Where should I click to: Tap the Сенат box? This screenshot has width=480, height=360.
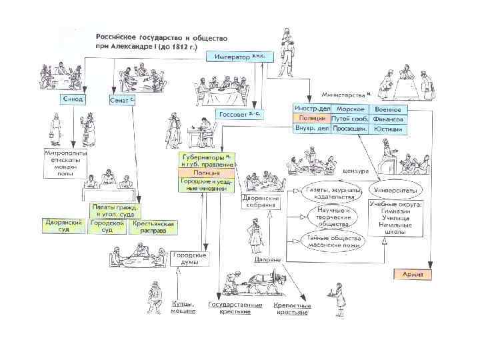123,99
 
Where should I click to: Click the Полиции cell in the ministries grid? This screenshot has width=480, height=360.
311,118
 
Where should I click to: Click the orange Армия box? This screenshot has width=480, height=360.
413,274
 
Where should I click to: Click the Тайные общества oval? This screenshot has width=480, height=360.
333,241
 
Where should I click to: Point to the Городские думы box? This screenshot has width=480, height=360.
190,259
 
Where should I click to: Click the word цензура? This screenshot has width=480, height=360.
355,171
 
